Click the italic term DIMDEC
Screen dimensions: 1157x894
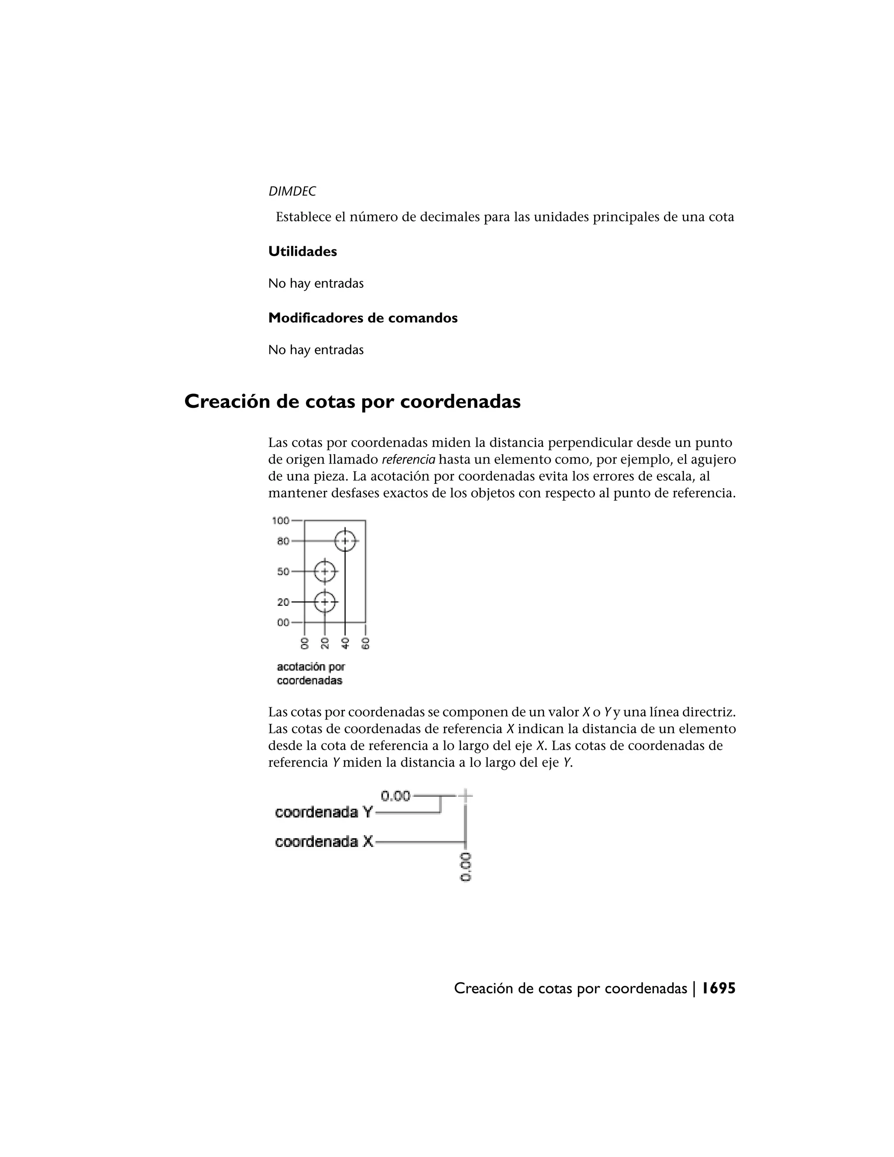click(292, 191)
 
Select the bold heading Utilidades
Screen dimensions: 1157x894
click(303, 251)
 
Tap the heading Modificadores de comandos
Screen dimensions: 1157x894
click(363, 318)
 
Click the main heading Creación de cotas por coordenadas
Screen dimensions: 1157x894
click(352, 402)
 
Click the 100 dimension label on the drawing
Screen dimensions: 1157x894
click(281, 520)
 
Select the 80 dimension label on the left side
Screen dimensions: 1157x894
click(283, 541)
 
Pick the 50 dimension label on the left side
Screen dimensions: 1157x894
click(283, 572)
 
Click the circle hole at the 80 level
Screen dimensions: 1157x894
click(345, 541)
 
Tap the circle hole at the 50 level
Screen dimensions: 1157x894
click(325, 572)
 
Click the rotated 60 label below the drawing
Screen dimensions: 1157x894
click(365, 643)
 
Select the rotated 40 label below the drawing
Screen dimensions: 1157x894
click(345, 643)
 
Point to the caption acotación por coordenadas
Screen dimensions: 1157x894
click(311, 673)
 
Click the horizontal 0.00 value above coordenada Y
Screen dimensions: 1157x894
click(395, 795)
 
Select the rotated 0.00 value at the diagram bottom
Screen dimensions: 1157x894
click(465, 867)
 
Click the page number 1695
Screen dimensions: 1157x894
click(719, 988)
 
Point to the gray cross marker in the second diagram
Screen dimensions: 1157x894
click(465, 795)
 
